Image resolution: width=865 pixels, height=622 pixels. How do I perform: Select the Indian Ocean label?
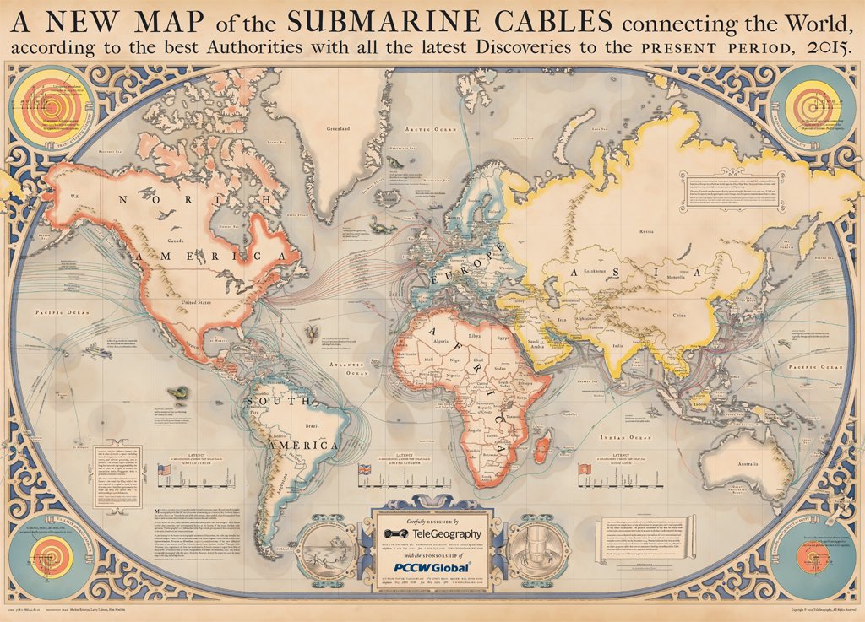point(624,439)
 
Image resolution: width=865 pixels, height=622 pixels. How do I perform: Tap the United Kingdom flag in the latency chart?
point(365,469)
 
